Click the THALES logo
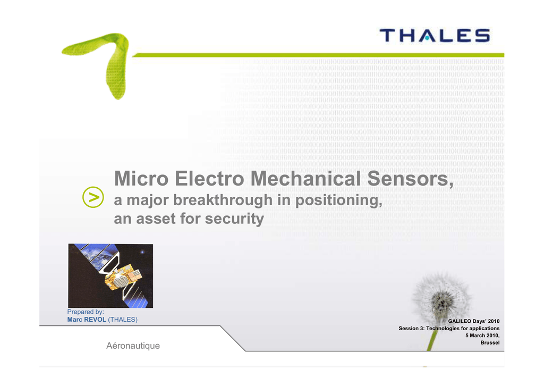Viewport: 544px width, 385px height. (x=435, y=36)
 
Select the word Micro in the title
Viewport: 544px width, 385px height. (x=141, y=179)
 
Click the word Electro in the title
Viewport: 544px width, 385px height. (x=209, y=179)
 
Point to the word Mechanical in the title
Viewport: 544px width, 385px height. (x=305, y=179)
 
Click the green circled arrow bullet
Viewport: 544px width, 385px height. (x=93, y=197)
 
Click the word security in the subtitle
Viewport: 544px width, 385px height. (x=234, y=219)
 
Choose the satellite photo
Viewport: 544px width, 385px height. (x=110, y=275)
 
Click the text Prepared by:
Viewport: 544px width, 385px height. (x=86, y=312)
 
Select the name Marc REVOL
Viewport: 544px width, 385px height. (x=87, y=320)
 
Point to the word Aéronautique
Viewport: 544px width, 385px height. (x=133, y=346)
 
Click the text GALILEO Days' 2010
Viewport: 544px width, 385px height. (x=473, y=321)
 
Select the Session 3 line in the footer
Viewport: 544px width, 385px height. (x=449, y=329)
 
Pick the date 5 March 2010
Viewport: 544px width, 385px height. (x=482, y=336)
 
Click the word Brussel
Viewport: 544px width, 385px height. (x=490, y=342)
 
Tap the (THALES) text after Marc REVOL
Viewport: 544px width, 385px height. (x=123, y=320)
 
